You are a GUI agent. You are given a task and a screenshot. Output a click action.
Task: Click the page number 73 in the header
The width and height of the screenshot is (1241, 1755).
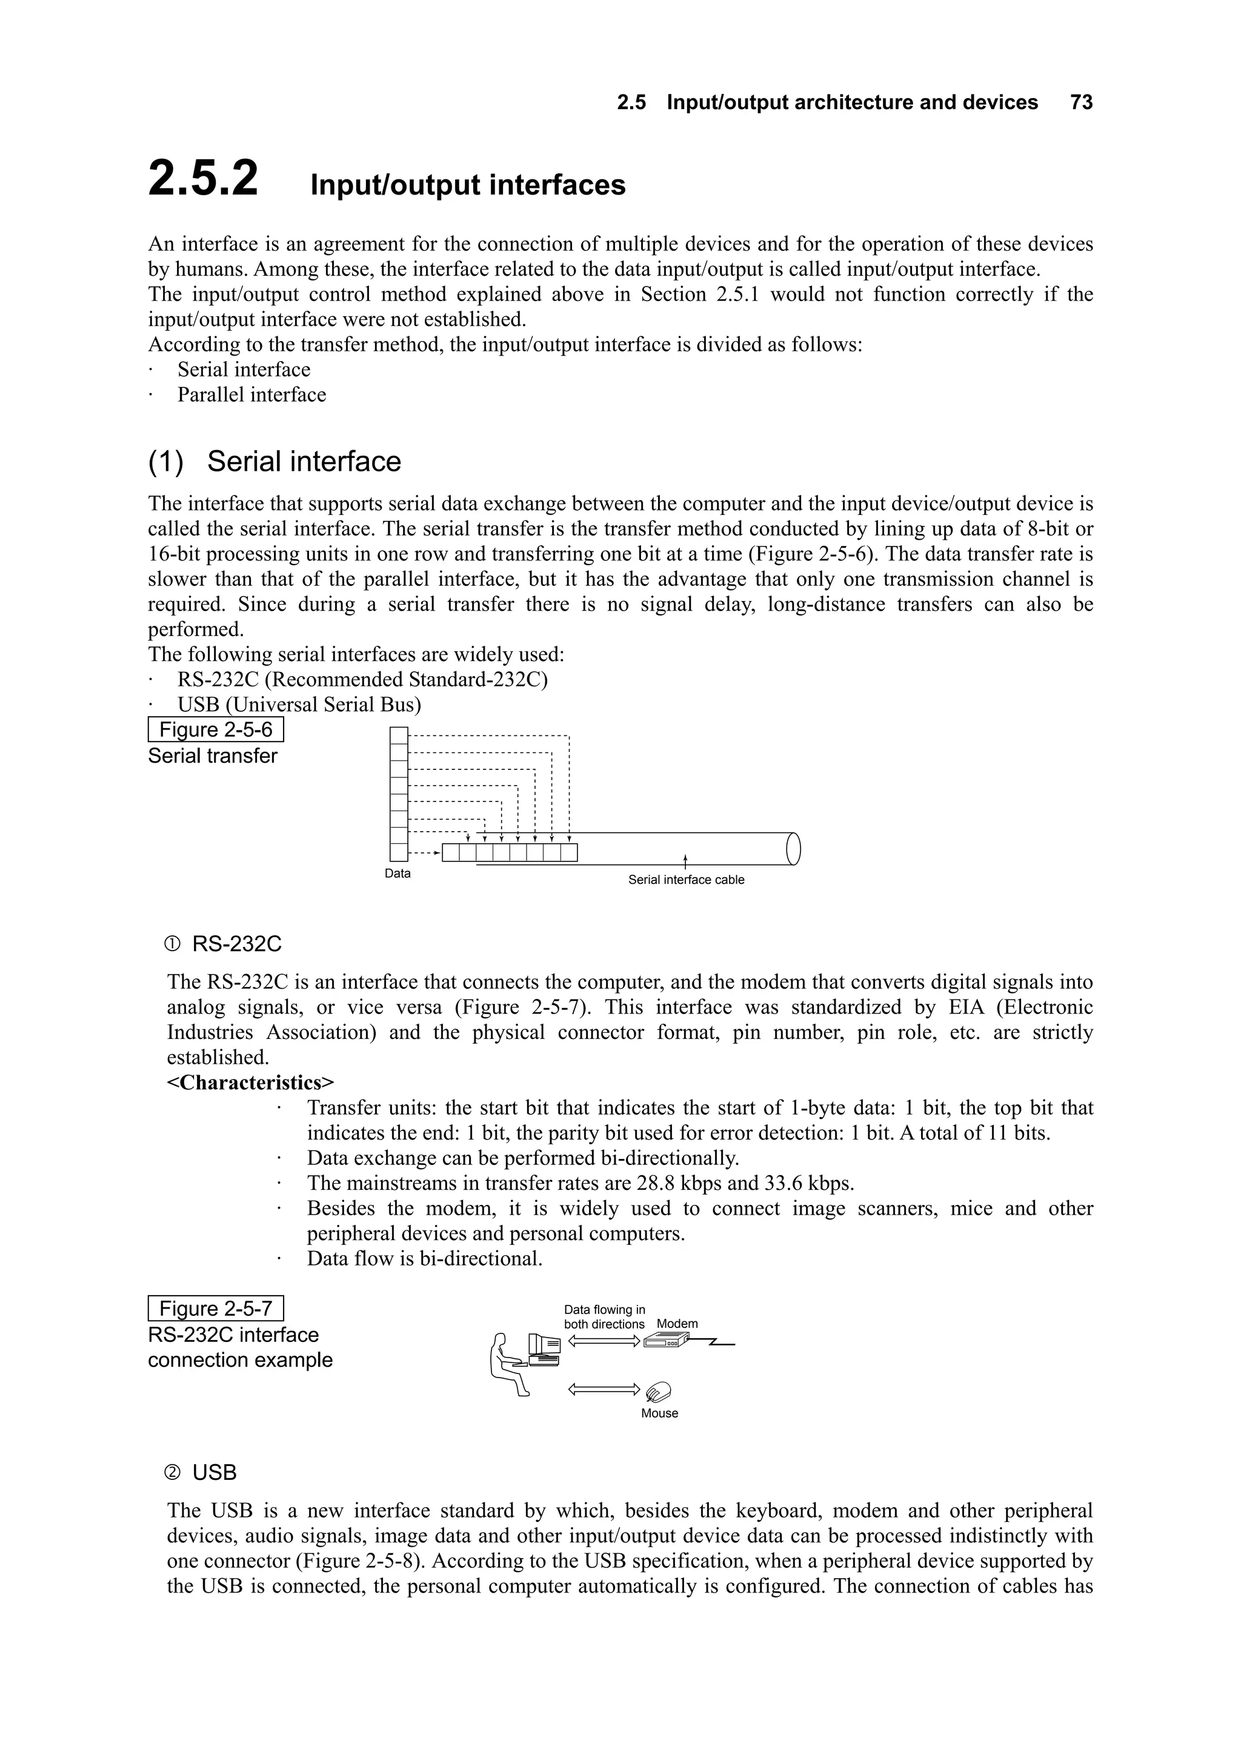1081,102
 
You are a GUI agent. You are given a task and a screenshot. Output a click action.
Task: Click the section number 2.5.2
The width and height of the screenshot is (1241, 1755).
204,179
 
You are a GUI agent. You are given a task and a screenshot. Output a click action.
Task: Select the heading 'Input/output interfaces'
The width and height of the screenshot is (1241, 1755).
467,185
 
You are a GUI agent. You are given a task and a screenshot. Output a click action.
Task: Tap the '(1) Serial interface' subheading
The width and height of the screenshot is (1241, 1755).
274,462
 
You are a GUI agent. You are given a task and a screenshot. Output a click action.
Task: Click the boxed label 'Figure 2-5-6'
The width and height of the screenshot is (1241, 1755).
216,729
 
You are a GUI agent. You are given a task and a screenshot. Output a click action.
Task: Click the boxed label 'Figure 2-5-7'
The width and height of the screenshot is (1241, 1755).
216,1309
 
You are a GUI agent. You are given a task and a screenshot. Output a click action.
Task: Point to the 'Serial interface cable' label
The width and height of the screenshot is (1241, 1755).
686,880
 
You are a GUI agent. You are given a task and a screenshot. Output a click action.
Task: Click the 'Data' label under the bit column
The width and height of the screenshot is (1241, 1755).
398,874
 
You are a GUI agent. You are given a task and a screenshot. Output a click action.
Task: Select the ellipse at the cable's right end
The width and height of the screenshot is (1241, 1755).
793,849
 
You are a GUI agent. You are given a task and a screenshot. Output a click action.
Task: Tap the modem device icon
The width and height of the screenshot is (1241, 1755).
665,1341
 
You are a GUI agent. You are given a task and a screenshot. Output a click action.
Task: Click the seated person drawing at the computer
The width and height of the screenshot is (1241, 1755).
507,1364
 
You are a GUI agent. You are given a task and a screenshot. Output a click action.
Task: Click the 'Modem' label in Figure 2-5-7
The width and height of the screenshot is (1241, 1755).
677,1324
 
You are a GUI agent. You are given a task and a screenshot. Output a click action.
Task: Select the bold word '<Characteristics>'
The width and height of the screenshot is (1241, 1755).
251,1083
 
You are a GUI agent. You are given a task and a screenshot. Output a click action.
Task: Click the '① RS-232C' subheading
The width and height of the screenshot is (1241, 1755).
222,945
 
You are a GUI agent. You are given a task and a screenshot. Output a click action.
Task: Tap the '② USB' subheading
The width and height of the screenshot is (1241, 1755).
201,1473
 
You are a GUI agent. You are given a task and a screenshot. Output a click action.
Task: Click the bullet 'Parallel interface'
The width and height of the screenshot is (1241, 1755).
251,395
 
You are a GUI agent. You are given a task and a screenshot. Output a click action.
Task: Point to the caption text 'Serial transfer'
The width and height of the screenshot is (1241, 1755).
213,756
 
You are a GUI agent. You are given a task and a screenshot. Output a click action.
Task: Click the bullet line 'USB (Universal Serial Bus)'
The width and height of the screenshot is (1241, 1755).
299,705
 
